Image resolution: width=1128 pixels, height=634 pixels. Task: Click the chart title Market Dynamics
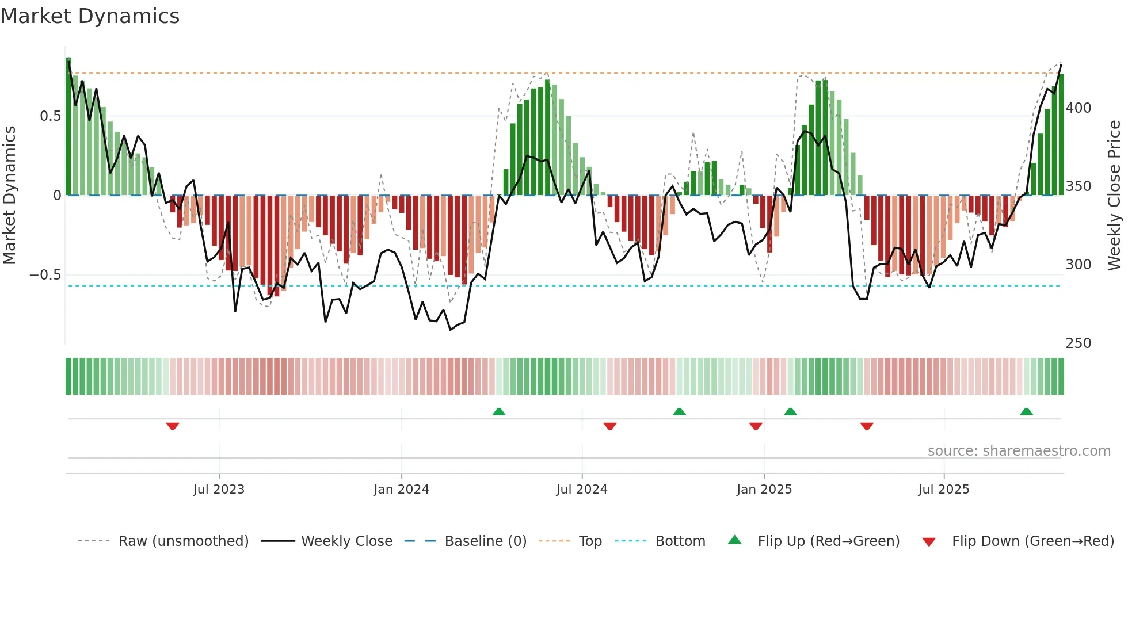[90, 16]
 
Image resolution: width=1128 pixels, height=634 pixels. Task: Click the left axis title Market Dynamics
[9, 196]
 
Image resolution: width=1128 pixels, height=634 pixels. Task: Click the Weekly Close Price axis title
[1114, 196]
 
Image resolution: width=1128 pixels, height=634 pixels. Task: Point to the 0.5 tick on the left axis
[51, 116]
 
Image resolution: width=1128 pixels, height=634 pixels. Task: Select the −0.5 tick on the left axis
[45, 275]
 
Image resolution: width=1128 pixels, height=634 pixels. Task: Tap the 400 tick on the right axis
[1078, 108]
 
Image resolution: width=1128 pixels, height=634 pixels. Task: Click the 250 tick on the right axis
[1078, 343]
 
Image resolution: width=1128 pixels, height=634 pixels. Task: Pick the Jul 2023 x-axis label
[219, 490]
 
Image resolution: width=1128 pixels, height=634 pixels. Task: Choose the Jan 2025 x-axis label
[764, 490]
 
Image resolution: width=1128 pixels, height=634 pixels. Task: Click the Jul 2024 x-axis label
[581, 490]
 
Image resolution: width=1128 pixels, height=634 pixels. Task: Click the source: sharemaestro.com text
[1019, 451]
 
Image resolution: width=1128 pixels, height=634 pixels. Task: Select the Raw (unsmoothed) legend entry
[183, 541]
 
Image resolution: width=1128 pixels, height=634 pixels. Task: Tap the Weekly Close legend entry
[346, 541]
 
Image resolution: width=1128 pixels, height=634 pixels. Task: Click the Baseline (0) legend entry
[485, 541]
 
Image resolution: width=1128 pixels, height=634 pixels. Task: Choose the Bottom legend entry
[680, 541]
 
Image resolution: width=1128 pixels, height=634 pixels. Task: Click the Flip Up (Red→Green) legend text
[828, 541]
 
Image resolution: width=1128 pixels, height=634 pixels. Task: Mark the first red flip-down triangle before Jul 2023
[173, 426]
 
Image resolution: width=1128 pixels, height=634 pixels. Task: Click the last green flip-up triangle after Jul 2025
[1026, 411]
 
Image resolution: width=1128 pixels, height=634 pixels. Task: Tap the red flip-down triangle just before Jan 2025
[756, 426]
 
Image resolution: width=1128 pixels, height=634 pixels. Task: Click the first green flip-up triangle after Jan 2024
[499, 411]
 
